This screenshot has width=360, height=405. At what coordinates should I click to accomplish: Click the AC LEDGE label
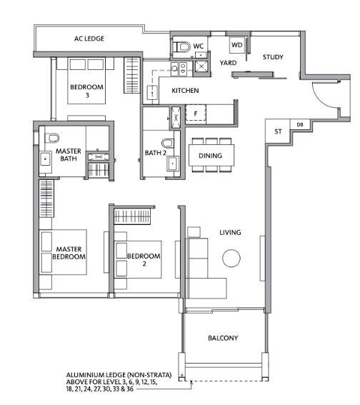click(89, 39)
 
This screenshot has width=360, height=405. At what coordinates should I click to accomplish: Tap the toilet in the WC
click(183, 46)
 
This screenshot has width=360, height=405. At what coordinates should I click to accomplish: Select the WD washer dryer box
click(237, 45)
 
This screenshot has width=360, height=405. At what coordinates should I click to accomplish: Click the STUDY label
click(273, 57)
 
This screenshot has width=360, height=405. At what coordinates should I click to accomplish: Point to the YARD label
click(228, 63)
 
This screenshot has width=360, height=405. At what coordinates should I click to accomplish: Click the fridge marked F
click(196, 113)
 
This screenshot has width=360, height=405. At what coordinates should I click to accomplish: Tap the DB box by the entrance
click(299, 124)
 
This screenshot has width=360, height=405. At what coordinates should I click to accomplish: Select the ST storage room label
click(278, 131)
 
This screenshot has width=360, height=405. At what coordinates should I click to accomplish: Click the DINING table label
click(210, 156)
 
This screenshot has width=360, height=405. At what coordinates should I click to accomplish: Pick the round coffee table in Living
click(231, 258)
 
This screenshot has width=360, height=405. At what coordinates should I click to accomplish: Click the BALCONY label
click(223, 338)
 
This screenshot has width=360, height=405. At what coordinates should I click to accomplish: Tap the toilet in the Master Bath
click(52, 138)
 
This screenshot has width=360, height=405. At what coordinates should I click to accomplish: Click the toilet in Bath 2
click(168, 143)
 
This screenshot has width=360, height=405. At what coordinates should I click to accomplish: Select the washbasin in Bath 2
click(172, 164)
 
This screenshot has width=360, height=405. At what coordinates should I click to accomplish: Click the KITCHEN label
click(185, 91)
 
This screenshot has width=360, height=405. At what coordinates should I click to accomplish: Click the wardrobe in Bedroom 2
click(132, 216)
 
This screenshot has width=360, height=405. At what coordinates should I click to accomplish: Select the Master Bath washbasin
click(46, 159)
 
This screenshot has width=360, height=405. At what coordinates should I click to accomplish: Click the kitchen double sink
click(179, 68)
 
